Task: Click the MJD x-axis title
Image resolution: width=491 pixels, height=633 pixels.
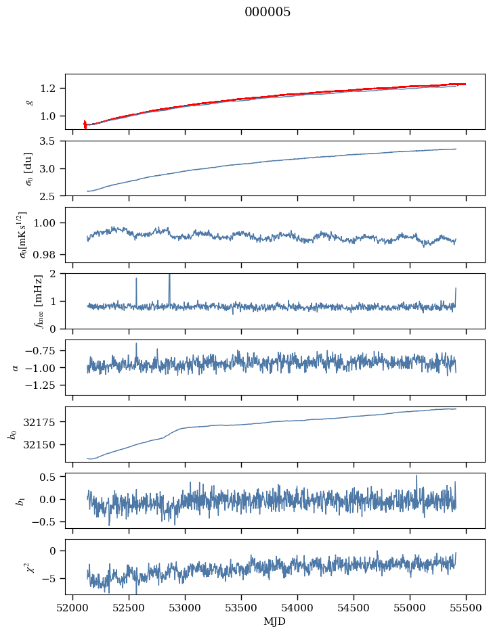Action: (x=275, y=621)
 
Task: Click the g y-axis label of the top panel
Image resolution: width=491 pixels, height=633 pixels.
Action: (x=29, y=102)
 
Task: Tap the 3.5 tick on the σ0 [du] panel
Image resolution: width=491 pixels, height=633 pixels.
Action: (x=54, y=141)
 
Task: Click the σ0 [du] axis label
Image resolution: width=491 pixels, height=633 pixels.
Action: (x=29, y=168)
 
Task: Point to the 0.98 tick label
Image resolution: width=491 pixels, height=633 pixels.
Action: (x=51, y=255)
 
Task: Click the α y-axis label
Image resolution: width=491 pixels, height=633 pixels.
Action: (x=16, y=367)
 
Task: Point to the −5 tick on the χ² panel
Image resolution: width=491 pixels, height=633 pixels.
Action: (x=52, y=579)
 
